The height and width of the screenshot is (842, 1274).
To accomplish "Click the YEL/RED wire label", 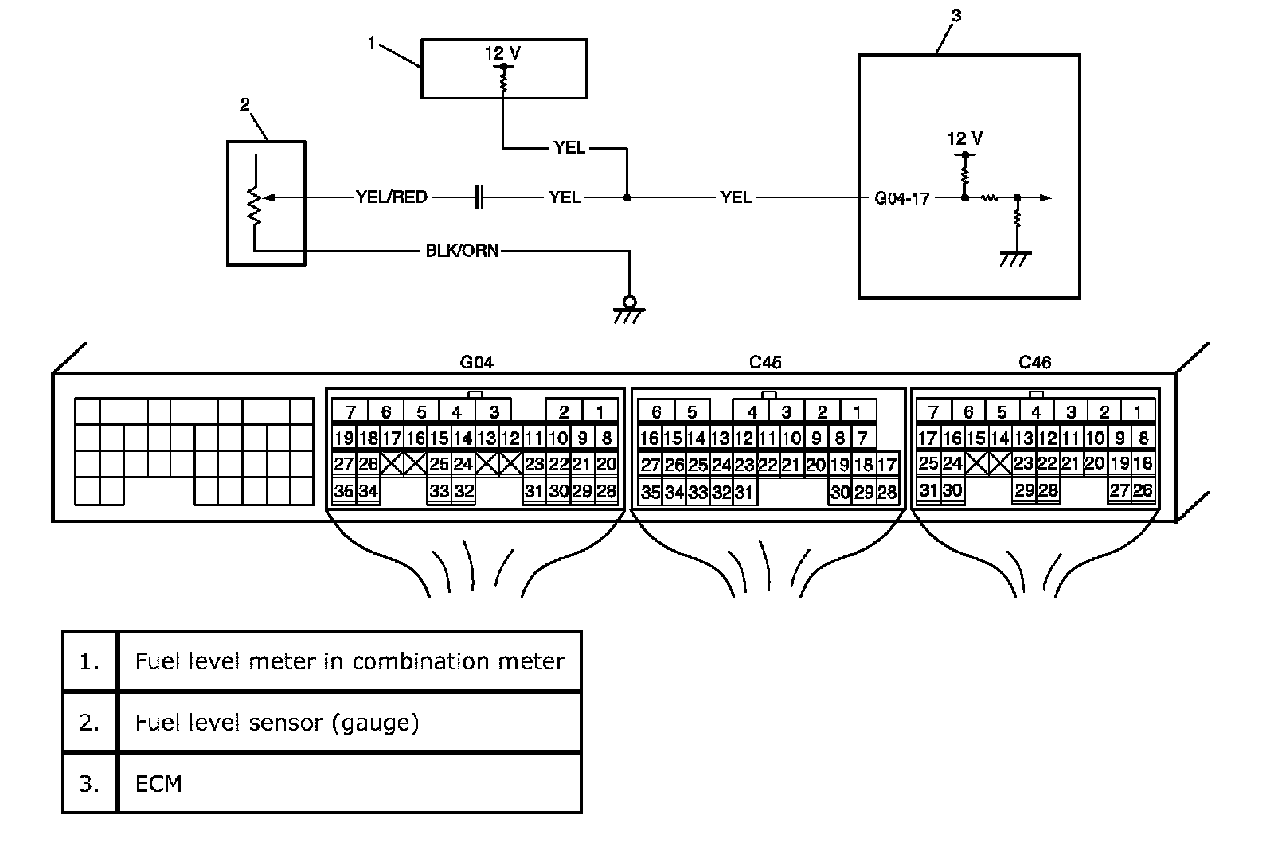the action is coord(391,197).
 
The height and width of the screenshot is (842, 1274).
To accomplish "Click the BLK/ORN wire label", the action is coord(462,251).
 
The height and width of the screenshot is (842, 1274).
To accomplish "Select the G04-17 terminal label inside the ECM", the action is coord(901,198).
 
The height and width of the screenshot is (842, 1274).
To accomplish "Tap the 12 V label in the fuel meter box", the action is coord(502,53).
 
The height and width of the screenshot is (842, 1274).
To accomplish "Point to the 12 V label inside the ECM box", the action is coord(965,138).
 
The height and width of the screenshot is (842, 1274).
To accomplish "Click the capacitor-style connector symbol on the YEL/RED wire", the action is coord(479,197).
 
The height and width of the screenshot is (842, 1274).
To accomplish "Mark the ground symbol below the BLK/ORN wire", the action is coord(629,310).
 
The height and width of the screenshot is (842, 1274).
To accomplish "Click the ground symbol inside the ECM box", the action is coord(1015,259).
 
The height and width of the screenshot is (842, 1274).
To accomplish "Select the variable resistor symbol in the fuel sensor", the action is coord(255,206).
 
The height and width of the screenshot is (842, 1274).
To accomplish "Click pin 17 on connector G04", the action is coord(391,438).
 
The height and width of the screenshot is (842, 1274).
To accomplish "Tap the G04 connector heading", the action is coord(477,362).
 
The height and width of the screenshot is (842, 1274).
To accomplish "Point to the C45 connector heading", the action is coord(765,362).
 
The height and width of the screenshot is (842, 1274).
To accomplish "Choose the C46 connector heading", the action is coord(1034,362).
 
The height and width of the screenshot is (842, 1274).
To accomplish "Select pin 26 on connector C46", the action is coord(1143,490).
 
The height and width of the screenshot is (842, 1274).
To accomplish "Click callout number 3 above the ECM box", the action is coord(956,16).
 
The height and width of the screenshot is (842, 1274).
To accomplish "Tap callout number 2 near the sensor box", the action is coord(245,104).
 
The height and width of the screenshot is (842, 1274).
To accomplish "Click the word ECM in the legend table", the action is coord(158,784).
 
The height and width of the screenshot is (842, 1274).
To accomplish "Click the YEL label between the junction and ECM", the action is coord(736,197).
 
